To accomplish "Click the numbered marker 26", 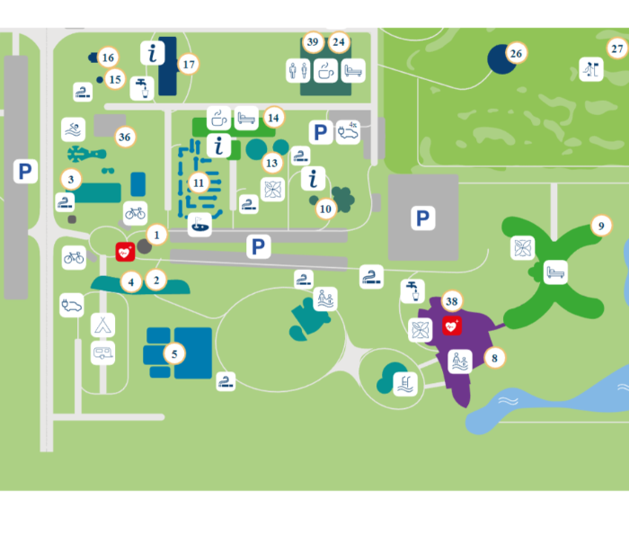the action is (x=516, y=53).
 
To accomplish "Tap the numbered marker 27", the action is (x=616, y=49).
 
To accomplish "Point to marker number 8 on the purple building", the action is (x=492, y=357).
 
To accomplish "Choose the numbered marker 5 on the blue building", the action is (x=174, y=353).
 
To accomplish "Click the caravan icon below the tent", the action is (x=103, y=352).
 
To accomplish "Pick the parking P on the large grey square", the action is (x=421, y=218).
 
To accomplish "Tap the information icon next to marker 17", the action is (x=153, y=53).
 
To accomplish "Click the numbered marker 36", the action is (x=124, y=137).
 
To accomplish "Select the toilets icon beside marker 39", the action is (x=298, y=70).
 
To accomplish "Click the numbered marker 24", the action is (x=338, y=41).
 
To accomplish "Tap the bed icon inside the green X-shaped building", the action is (x=555, y=272).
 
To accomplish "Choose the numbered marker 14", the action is (x=273, y=117).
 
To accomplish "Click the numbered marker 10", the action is (x=325, y=209).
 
